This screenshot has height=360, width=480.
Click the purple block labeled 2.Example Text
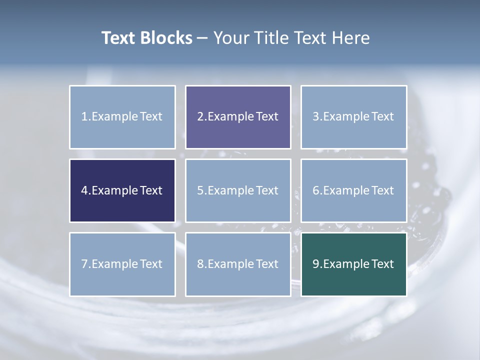[x=238, y=117]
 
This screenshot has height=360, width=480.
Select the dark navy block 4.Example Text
[x=122, y=190]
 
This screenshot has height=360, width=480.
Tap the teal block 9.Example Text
[x=353, y=264]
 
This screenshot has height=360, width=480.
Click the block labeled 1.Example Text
[x=122, y=117]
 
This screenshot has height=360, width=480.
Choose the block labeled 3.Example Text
[x=353, y=117]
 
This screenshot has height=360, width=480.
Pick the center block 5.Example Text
[x=238, y=190]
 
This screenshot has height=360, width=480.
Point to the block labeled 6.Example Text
[x=353, y=190]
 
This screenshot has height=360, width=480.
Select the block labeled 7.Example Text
[x=122, y=264]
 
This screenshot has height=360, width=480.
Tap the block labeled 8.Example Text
[x=238, y=264]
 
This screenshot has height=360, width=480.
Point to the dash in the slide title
[x=202, y=38]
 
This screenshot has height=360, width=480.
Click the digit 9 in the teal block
[x=316, y=264]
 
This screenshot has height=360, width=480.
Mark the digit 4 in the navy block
[x=84, y=190]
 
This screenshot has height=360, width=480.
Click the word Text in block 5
[x=267, y=190]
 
